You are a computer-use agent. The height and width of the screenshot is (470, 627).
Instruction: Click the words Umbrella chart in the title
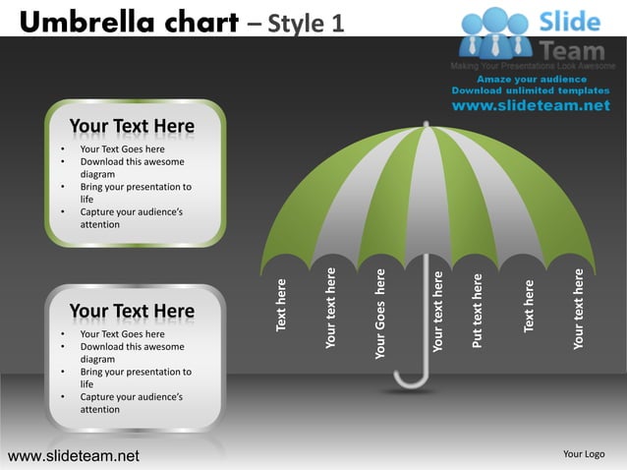[127, 21]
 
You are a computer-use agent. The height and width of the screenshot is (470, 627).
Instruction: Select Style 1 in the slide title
[305, 21]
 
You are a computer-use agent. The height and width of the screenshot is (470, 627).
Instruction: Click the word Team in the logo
[574, 48]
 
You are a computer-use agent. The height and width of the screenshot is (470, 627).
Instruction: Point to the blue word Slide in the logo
[574, 21]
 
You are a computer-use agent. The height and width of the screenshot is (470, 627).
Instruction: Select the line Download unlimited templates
[531, 90]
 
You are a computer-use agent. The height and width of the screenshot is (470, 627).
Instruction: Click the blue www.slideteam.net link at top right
[531, 106]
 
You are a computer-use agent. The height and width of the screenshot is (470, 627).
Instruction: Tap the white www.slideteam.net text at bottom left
[74, 455]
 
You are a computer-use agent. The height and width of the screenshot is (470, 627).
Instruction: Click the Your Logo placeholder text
[583, 454]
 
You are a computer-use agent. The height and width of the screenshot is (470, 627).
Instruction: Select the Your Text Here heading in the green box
[132, 127]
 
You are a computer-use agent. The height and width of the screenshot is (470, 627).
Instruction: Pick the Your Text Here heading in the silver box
[132, 313]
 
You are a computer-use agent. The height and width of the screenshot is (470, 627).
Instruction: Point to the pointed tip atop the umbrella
[426, 126]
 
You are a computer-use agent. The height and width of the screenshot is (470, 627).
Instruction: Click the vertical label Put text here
[478, 311]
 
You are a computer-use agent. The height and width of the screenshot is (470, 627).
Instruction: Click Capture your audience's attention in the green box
[128, 218]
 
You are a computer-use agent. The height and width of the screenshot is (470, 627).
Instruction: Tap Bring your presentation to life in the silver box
[135, 379]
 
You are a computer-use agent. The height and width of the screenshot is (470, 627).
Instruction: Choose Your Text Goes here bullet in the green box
[122, 149]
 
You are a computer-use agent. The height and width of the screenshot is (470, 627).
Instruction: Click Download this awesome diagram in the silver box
[131, 353]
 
